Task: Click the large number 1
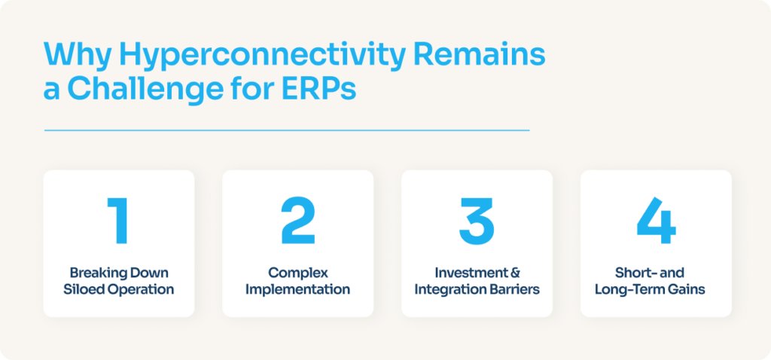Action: [118, 221]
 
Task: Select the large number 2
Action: [297, 221]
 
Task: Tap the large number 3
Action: [477, 221]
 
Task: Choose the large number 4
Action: [656, 221]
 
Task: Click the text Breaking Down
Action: [118, 273]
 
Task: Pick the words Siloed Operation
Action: [118, 289]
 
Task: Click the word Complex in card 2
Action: [297, 273]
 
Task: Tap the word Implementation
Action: [297, 289]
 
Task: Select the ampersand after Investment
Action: [515, 273]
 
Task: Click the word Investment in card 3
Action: [471, 273]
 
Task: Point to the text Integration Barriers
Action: [477, 289]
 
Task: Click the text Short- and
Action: [656, 273]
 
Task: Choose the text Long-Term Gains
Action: [656, 289]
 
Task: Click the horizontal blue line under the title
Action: [286, 130]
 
